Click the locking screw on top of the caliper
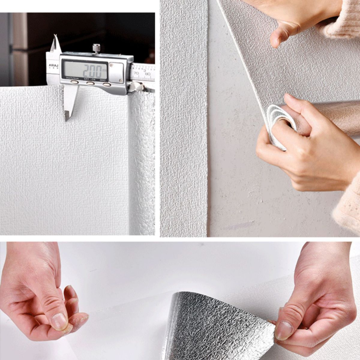tap(96, 48)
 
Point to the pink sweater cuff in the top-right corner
tap(345, 18)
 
